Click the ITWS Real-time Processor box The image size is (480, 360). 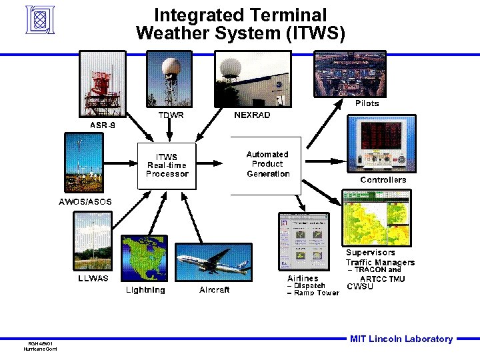tap(167, 165)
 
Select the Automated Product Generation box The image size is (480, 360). tap(267, 165)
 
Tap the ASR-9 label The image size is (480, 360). tap(101, 125)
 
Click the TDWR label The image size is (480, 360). tap(171, 115)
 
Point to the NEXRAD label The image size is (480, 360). tap(252, 115)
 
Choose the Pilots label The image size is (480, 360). tap(367, 103)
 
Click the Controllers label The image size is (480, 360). tap(383, 180)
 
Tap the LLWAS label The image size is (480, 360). tap(93, 277)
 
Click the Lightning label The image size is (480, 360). tap(146, 290)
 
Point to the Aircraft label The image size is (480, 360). tap(214, 290)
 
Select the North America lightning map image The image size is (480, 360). tap(145, 260)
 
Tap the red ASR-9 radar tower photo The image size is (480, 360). tap(100, 87)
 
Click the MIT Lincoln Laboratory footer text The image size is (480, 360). tap(401, 339)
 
